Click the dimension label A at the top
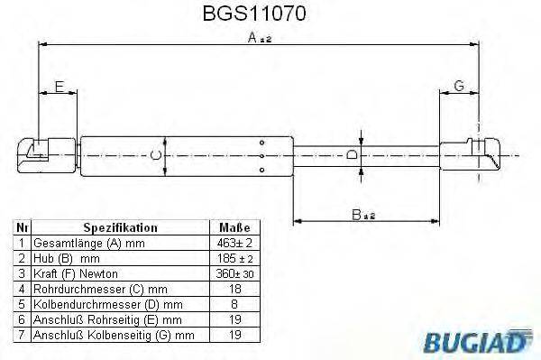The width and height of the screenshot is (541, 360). [x=255, y=37]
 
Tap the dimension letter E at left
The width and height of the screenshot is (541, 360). [x=59, y=87]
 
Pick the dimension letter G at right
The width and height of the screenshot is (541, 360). [x=459, y=87]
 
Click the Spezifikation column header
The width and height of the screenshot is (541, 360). [x=120, y=228]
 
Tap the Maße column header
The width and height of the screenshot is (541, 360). [x=234, y=228]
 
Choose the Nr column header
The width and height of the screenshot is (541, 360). [x=23, y=228]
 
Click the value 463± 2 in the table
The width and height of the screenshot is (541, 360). [x=234, y=244]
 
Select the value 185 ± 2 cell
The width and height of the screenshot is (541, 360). [x=234, y=258]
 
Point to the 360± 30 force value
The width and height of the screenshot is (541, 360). [x=234, y=273]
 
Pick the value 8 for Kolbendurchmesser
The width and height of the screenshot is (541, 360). [x=234, y=304]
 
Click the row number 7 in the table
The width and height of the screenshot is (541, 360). [x=22, y=334]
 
